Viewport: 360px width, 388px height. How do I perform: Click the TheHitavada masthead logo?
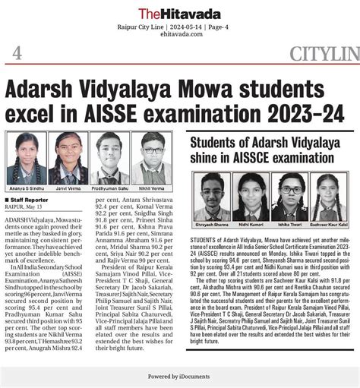(x=179, y=13)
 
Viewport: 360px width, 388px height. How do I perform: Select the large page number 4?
(x=17, y=53)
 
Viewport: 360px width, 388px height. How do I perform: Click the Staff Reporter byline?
(x=30, y=198)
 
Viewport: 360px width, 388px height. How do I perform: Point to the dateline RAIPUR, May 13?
(x=27, y=205)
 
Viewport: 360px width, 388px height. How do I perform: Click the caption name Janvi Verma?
(x=68, y=186)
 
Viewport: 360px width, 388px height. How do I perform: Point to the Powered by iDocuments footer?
(x=179, y=376)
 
